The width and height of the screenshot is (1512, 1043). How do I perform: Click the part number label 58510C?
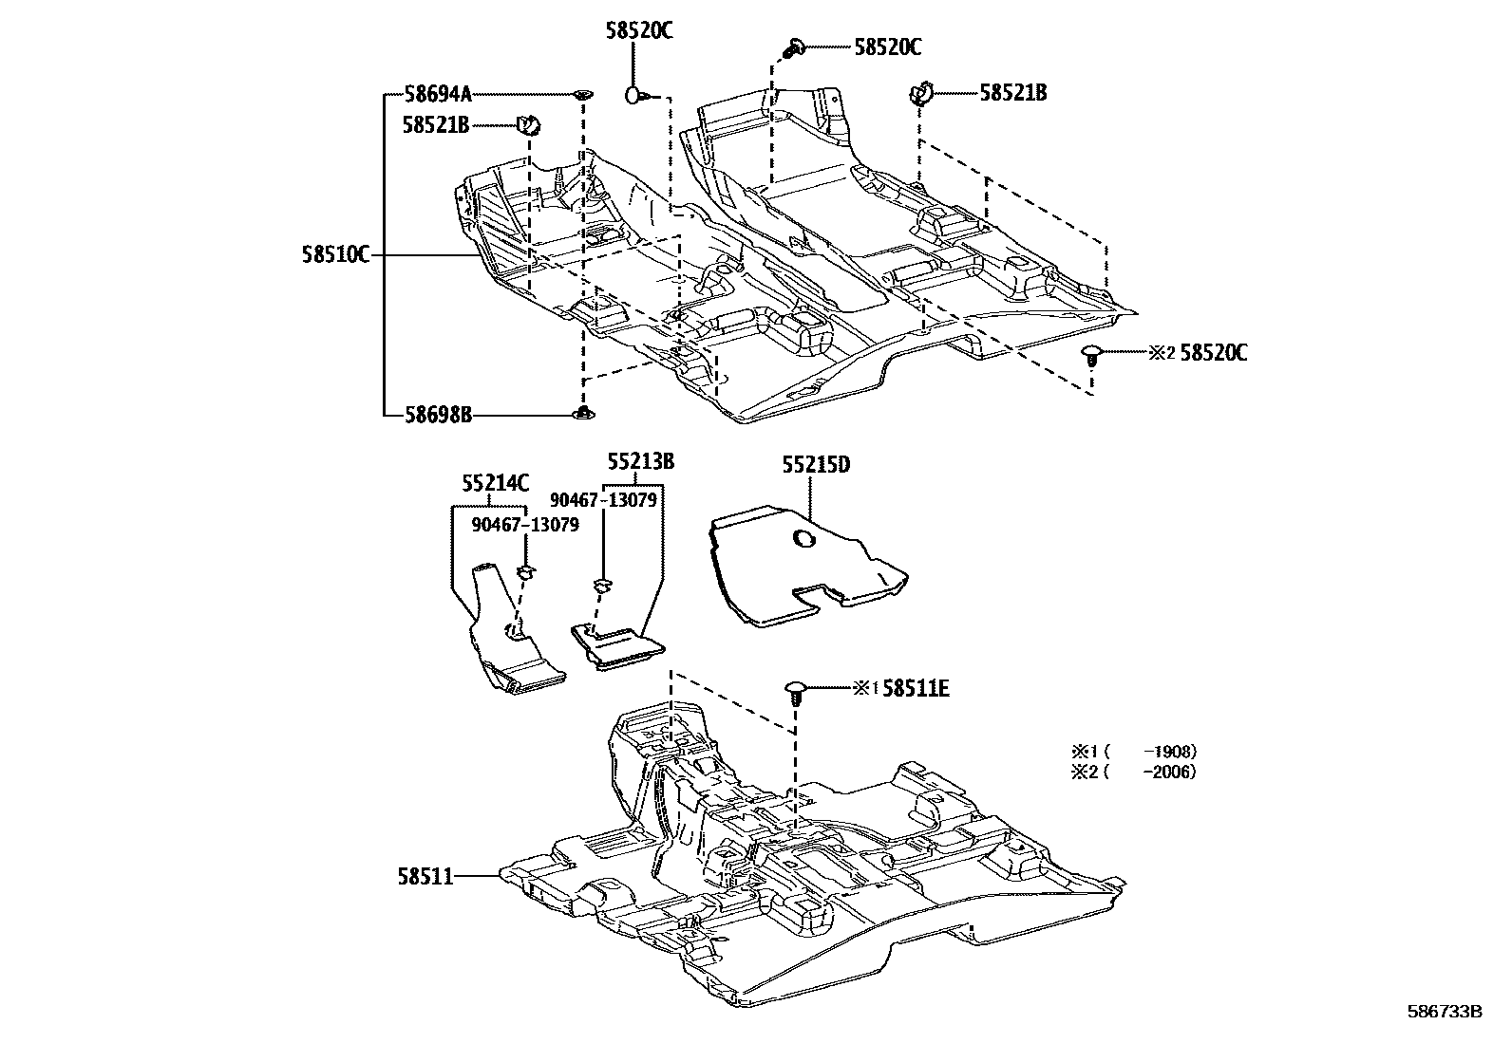[335, 254]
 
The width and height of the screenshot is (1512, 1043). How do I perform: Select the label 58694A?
[437, 94]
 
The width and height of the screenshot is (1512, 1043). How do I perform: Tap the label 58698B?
[437, 415]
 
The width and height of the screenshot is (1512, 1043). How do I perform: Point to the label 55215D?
[816, 465]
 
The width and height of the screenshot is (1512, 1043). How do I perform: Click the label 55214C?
[496, 483]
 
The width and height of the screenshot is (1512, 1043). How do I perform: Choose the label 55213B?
[641, 462]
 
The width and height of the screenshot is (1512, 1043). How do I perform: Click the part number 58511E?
[916, 689]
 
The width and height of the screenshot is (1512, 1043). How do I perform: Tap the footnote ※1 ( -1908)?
[1133, 751]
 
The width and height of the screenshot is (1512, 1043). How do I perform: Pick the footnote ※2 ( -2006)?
[1133, 772]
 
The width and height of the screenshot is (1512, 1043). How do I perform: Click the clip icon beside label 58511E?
[796, 690]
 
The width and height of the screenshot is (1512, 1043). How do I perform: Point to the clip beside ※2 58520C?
[1092, 356]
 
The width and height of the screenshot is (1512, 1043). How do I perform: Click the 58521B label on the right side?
[1013, 93]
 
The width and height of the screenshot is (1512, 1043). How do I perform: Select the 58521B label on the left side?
[435, 124]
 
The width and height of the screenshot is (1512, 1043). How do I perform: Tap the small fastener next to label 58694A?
[582, 94]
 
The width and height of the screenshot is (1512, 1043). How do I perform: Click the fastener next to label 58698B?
[583, 413]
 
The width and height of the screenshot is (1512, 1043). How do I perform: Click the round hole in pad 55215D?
[803, 540]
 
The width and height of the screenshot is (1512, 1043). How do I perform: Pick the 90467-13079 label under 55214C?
[524, 524]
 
